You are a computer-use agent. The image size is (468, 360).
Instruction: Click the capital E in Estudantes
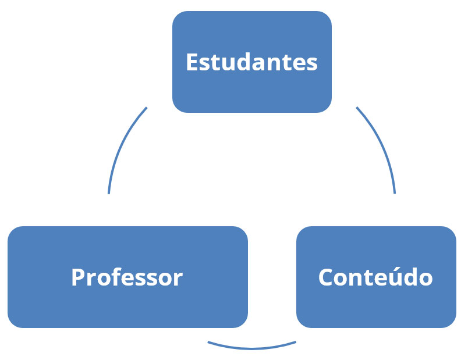coord(192,62)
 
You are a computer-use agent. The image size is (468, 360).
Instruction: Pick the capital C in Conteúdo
coord(327,277)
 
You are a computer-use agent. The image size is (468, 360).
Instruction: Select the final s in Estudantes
coord(313,63)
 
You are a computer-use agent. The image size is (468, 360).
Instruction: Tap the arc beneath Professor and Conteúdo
coord(252,348)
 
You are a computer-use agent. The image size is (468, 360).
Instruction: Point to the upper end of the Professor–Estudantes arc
coord(146,108)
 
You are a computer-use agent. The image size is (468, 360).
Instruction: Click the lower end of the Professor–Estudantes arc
coord(109,193)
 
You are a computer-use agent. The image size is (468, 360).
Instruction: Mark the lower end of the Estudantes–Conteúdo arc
coord(395,193)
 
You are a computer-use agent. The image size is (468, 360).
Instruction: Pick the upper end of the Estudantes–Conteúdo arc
coord(357,108)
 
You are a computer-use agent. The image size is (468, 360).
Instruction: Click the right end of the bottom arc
coord(296,342)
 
